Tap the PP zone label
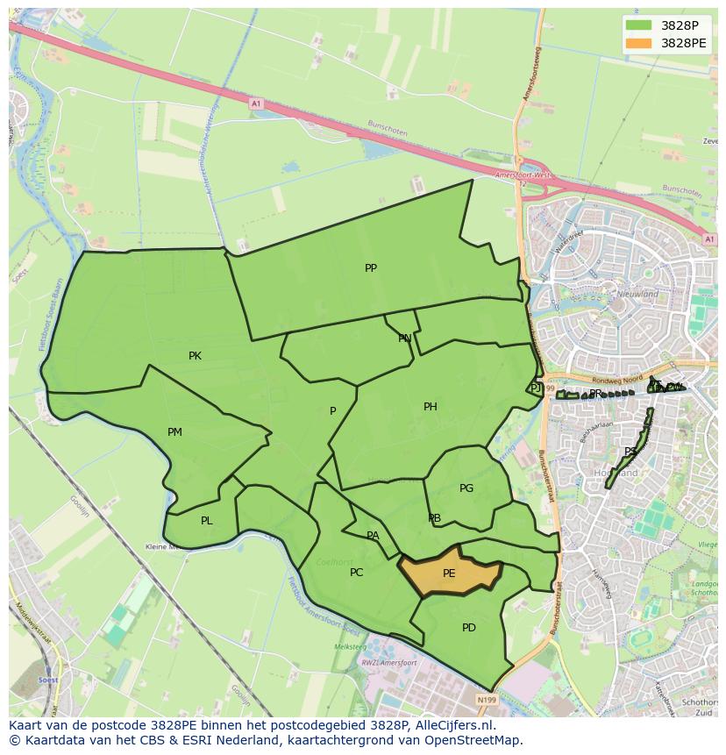(371, 268)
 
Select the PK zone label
(195, 356)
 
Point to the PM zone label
(174, 432)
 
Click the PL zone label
(206, 521)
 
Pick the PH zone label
(430, 407)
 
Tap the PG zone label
(466, 488)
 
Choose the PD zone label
(468, 628)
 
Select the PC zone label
(356, 573)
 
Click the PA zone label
(373, 536)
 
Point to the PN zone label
(404, 338)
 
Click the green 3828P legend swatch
(639, 25)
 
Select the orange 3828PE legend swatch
(639, 43)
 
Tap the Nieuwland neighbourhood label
(637, 295)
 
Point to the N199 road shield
(486, 699)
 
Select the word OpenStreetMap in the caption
(474, 741)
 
